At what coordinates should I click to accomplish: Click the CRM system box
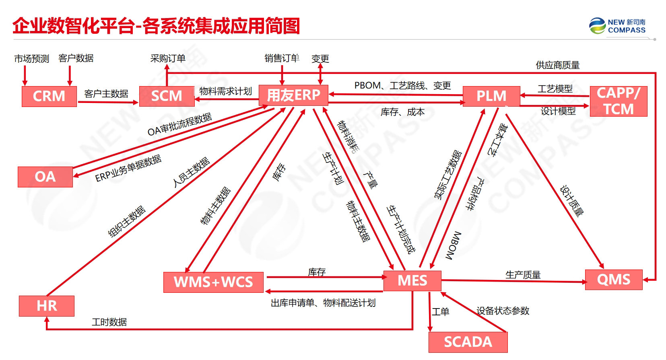tap(49, 96)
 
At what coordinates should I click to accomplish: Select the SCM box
tap(167, 96)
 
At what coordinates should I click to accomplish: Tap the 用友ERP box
tap(293, 95)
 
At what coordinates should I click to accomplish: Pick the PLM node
tap(491, 96)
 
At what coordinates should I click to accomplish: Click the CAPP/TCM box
tap(619, 101)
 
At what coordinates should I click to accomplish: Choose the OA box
tap(45, 177)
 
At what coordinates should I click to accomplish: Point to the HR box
tap(47, 306)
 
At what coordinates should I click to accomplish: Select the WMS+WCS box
tap(213, 282)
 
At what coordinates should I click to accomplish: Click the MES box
tap(412, 280)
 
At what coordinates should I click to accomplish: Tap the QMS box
tap(614, 279)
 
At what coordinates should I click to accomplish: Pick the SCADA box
tap(468, 342)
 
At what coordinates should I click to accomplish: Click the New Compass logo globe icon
tap(597, 26)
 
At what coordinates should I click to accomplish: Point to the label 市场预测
tap(32, 59)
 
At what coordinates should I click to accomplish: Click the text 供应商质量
tap(557, 65)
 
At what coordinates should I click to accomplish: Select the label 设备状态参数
tap(503, 311)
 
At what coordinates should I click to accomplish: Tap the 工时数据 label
tap(109, 322)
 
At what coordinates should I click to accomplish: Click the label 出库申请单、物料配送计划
tap(323, 303)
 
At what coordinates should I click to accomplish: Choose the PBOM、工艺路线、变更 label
tap(402, 86)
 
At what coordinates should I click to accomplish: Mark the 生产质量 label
tap(523, 275)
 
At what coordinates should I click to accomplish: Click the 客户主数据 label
tap(106, 94)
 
